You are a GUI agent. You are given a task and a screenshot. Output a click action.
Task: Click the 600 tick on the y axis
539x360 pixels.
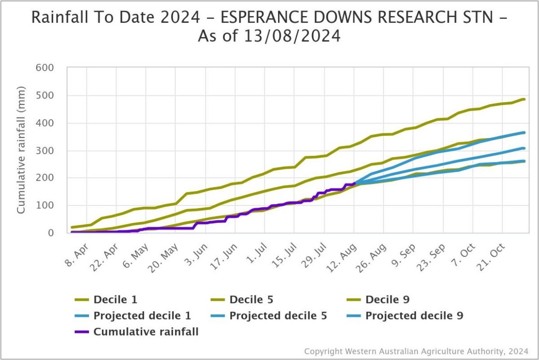click(x=45, y=68)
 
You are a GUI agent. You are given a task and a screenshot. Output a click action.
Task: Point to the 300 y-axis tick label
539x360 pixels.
click(x=45, y=150)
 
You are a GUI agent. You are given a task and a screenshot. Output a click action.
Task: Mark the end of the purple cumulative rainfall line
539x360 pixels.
click(x=354, y=183)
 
